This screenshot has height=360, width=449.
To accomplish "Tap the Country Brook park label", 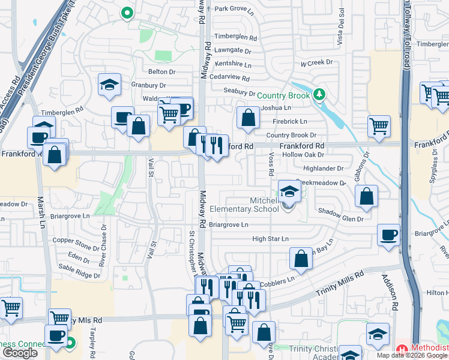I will pos(283,95).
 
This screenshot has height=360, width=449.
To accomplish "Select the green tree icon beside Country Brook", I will pos(320,94).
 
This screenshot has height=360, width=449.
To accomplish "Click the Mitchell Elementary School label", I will pos(244,205).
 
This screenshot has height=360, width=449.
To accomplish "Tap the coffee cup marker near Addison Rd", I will pos(388,235).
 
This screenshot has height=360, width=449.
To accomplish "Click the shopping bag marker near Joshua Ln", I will pos(248,118).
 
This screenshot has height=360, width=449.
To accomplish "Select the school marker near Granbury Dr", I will pos(109,84).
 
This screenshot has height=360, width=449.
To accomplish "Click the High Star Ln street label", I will pos(270,239).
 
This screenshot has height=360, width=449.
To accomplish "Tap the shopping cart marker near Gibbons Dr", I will pos(379,126).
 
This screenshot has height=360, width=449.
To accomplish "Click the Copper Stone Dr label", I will pos(74,240).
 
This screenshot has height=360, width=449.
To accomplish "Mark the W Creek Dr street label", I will pos(316,62).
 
